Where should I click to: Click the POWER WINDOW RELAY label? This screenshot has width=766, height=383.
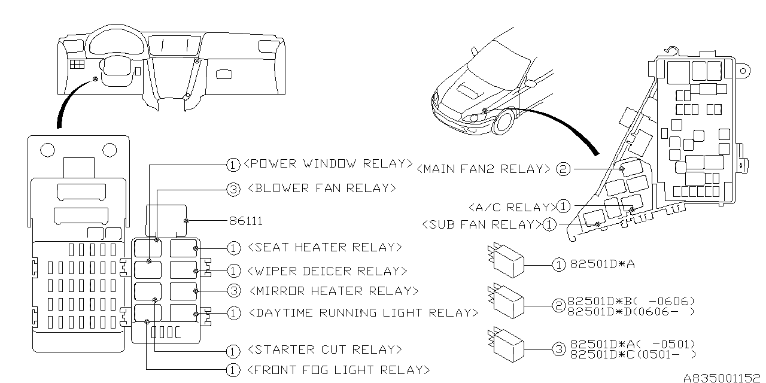click(x=329, y=163)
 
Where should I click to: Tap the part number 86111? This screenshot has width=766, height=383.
click(x=245, y=221)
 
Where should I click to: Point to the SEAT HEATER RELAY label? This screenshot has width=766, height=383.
click(x=324, y=247)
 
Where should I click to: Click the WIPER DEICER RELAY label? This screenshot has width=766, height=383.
click(x=326, y=271)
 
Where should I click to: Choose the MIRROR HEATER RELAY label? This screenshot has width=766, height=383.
click(x=332, y=291)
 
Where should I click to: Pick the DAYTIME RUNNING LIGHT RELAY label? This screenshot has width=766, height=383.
click(x=362, y=312)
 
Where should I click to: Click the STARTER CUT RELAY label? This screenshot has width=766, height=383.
click(x=324, y=349)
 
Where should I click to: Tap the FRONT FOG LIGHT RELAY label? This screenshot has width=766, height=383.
click(x=338, y=369)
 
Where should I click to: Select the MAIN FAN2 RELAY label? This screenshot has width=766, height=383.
click(x=482, y=169)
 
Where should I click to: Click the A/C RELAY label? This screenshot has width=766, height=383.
click(x=512, y=207)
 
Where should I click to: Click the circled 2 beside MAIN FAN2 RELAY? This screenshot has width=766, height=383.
click(x=563, y=169)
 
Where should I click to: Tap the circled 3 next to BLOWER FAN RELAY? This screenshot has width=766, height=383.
click(x=233, y=189)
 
